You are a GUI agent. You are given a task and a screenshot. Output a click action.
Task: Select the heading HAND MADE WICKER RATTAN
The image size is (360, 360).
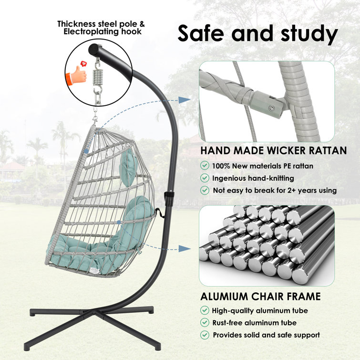point(273,151)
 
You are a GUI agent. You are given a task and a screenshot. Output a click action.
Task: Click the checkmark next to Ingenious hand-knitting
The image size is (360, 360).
point(205,178)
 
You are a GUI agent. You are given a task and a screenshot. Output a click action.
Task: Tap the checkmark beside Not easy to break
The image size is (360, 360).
point(205,190)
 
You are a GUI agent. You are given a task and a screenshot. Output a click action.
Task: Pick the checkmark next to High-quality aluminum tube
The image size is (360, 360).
point(205,310)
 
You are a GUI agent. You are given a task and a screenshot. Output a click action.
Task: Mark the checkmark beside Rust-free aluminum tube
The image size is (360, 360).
point(205,323)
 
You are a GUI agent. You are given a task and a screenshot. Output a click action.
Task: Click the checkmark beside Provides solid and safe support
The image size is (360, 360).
point(205,335)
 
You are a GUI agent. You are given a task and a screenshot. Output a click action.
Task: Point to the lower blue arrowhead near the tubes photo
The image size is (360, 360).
point(183,248)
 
